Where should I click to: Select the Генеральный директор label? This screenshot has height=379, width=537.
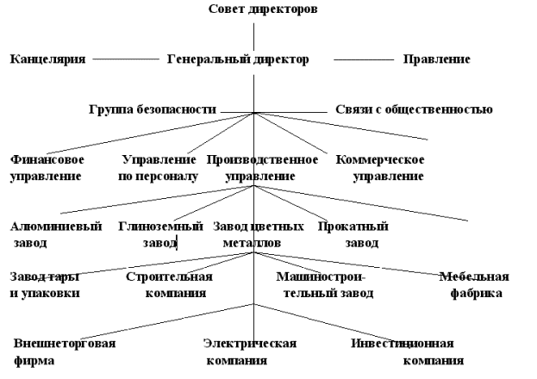(x=237, y=59)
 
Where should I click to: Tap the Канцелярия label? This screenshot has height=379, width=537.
(x=47, y=59)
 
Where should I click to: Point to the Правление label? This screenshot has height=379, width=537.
(x=436, y=59)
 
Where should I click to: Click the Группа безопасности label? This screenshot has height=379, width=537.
(x=152, y=109)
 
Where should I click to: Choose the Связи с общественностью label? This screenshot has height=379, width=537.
(x=414, y=109)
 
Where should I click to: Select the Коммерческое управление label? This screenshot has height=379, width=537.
(x=380, y=168)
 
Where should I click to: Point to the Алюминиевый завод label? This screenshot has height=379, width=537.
(x=55, y=234)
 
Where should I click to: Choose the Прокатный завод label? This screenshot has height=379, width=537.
(x=353, y=234)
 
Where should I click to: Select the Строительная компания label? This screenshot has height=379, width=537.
(x=169, y=285)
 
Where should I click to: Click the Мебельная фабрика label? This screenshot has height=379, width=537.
(x=473, y=285)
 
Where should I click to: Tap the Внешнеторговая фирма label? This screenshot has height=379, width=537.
(x=64, y=351)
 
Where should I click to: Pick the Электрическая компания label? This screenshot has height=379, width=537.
(x=250, y=351)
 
